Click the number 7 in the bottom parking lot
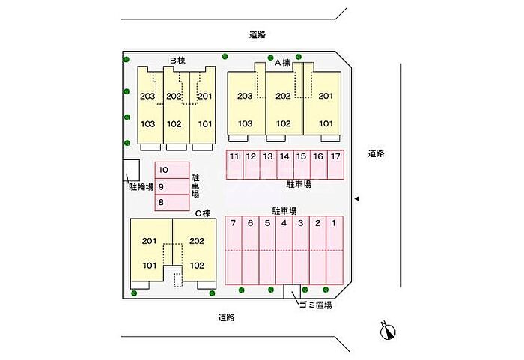234,223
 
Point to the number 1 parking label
334,223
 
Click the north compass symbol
388,331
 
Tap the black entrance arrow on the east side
356,198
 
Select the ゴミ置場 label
315,305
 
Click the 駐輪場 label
141,187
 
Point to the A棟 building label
282,63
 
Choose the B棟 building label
177,61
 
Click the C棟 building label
203,213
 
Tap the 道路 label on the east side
377,153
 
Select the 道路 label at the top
258,34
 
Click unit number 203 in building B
147,97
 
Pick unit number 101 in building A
326,123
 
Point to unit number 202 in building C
196,241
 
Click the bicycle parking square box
131,171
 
